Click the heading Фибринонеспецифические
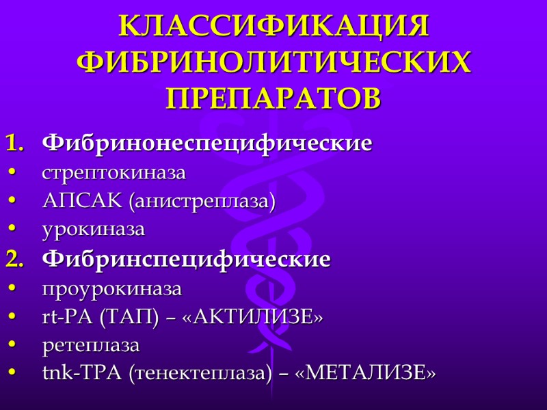[207, 144]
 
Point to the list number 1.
[15, 144]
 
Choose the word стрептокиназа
[114, 174]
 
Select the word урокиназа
[93, 230]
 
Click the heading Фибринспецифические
[187, 260]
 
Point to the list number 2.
[15, 260]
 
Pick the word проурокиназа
[111, 289]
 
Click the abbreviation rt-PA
[68, 318]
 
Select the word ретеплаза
[90, 346]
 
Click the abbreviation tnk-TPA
[75, 374]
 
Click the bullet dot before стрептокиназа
[14, 174]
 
